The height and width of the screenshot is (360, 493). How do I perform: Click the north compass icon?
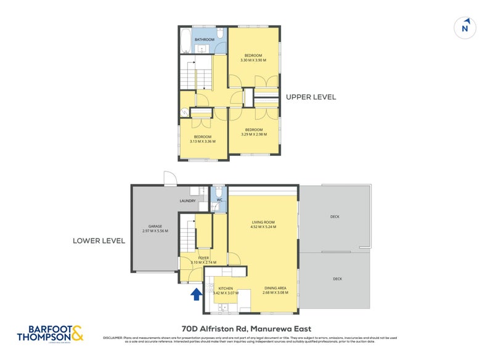[467, 28]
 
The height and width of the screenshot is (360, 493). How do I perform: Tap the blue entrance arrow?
[196, 294]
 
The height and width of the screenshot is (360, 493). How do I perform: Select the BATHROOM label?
[205, 39]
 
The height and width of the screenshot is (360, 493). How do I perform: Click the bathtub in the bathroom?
[185, 41]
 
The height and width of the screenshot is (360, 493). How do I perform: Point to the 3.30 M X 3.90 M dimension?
[253, 60]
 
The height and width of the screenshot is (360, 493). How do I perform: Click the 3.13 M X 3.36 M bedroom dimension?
[203, 141]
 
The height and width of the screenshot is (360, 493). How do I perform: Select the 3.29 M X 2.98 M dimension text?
[253, 134]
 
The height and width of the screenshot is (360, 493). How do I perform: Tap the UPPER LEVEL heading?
[311, 97]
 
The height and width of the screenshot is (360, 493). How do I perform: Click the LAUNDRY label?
[187, 200]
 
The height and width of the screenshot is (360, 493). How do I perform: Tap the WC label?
[220, 200]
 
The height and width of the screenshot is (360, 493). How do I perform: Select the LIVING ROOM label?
[263, 222]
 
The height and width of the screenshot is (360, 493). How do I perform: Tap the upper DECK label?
[335, 216]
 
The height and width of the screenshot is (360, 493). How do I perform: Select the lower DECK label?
[337, 279]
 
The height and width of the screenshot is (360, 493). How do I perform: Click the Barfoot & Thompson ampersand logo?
[78, 333]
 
